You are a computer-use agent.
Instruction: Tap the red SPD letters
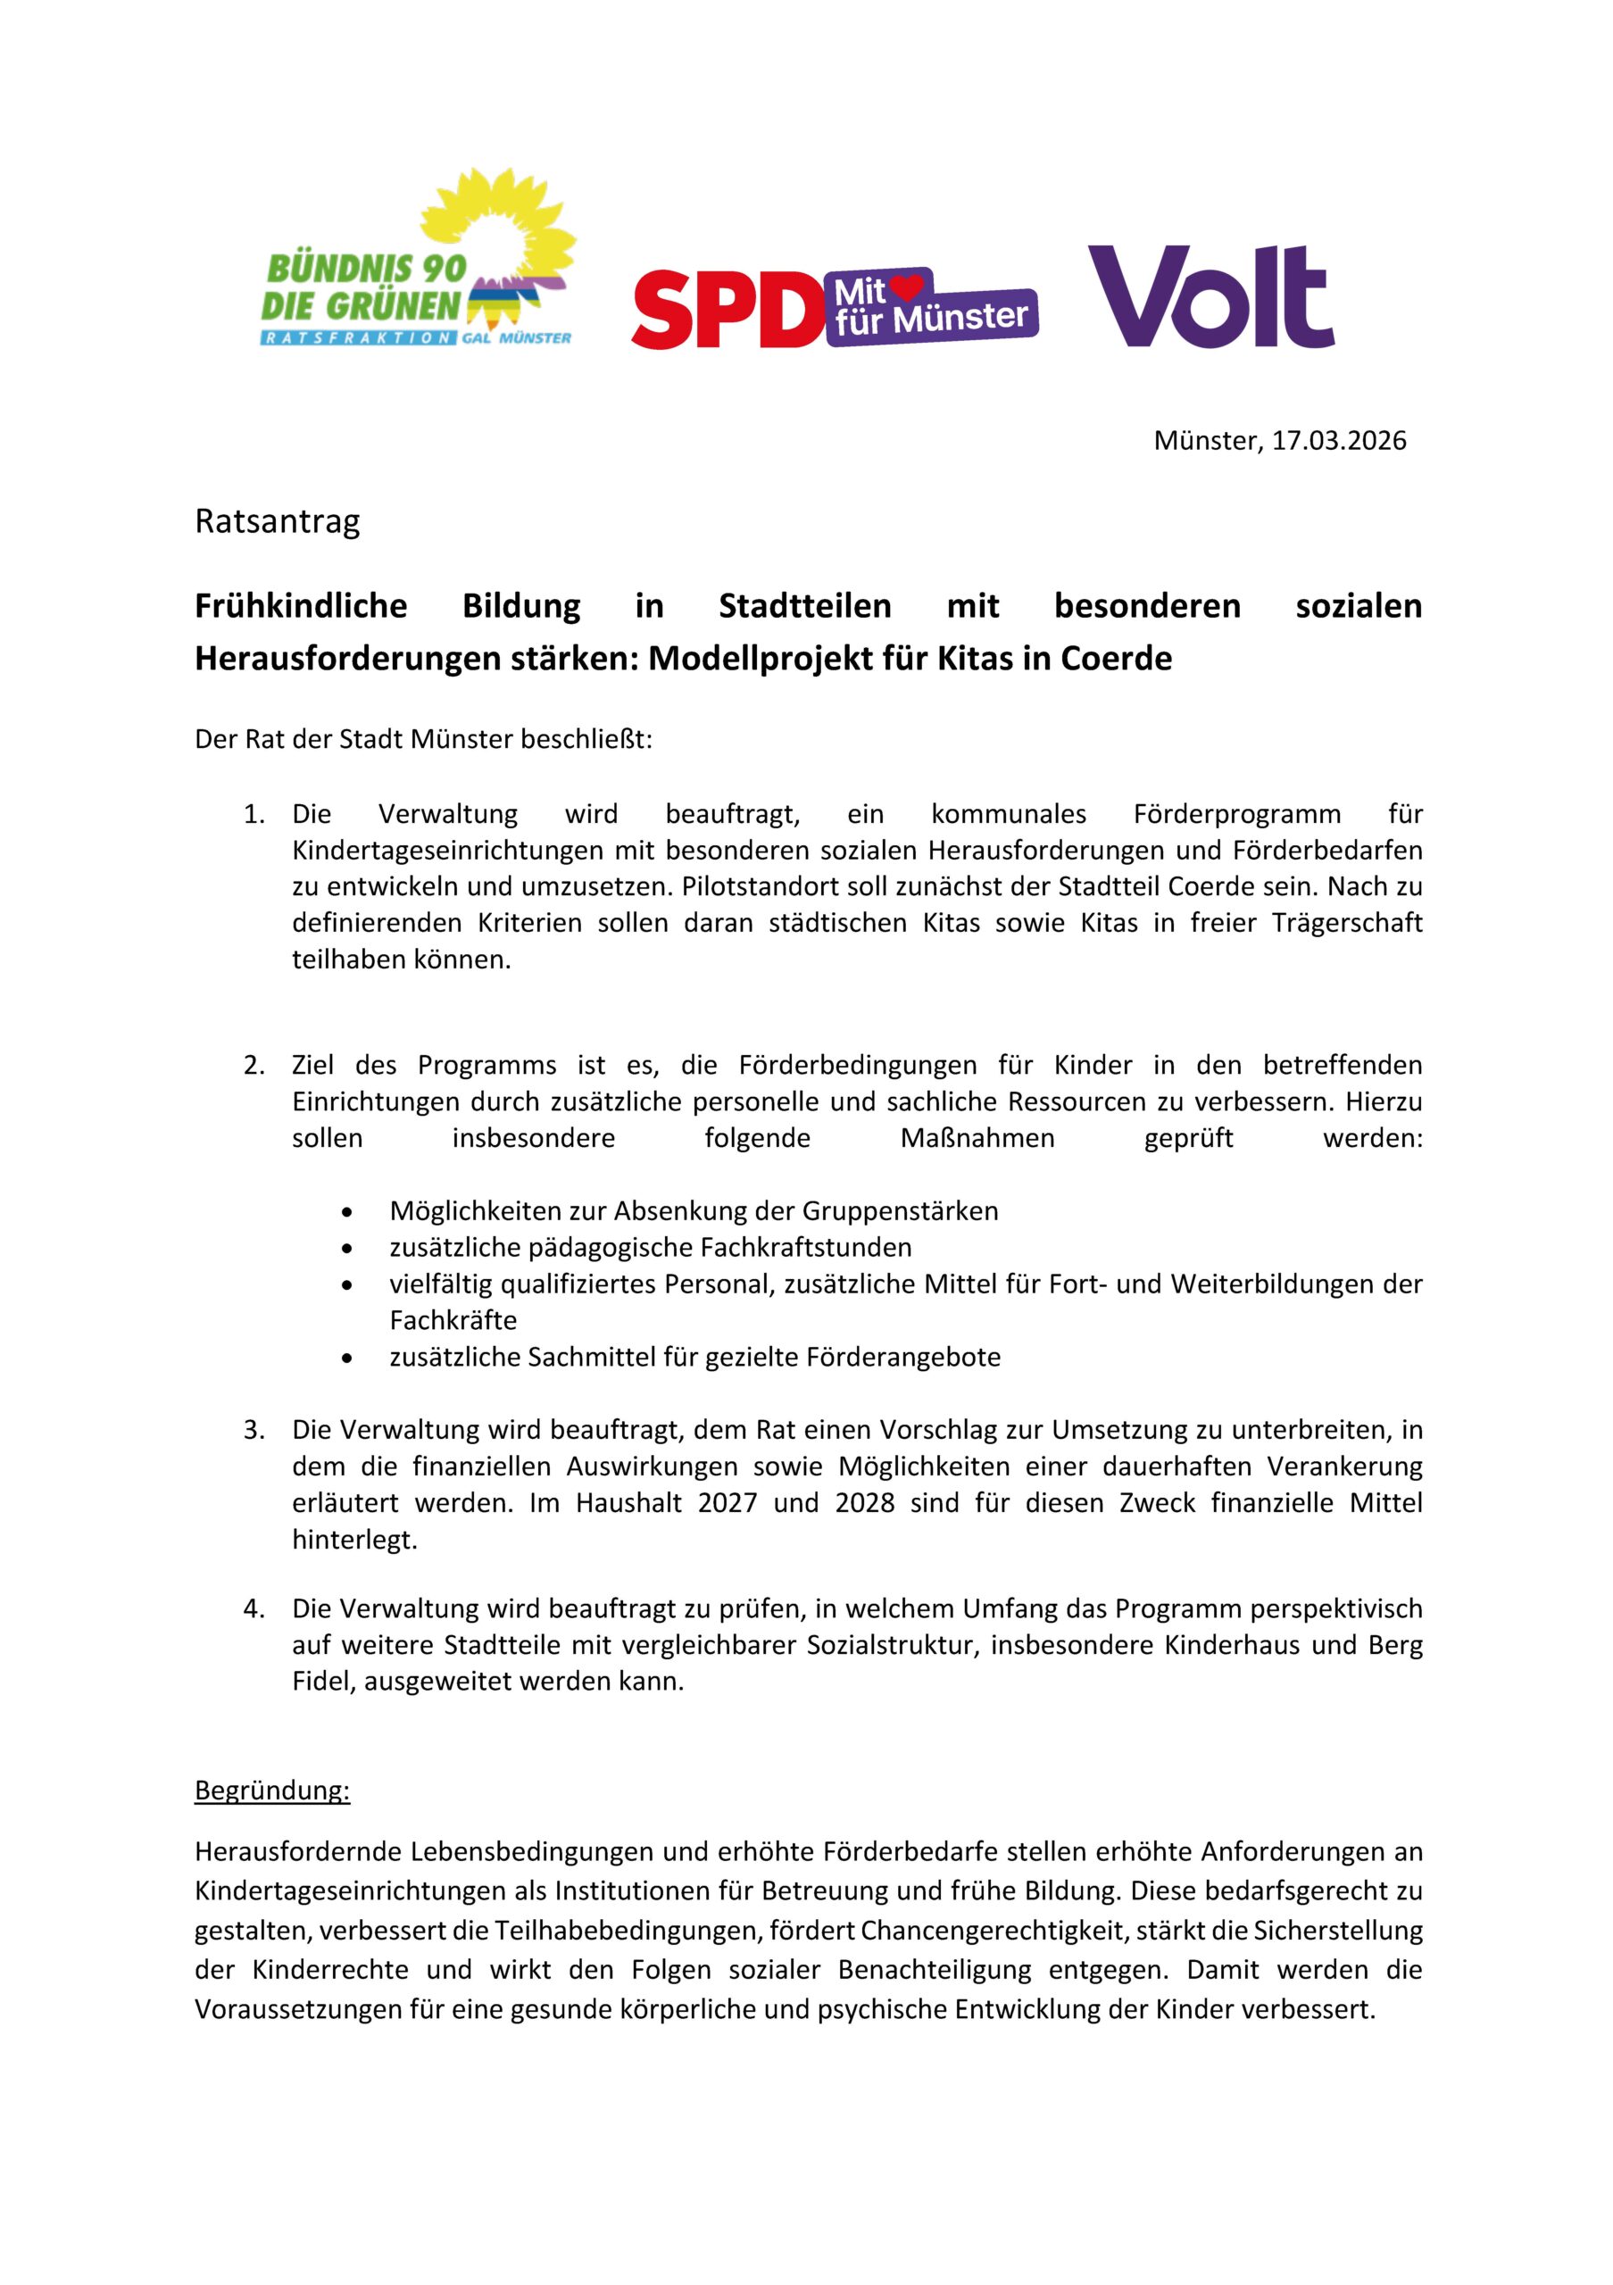point(727,308)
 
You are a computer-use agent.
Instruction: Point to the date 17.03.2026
point(1338,441)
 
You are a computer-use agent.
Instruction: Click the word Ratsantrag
point(277,521)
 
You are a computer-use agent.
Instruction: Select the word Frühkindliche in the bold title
point(301,606)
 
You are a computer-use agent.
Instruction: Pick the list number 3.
point(254,1430)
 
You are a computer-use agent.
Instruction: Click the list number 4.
point(254,1609)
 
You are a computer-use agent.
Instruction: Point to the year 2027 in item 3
point(728,1503)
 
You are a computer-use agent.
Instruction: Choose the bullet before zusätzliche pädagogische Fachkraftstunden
point(346,1248)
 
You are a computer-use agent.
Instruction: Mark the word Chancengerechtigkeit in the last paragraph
point(994,1931)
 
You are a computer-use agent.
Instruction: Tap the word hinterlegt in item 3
point(353,1540)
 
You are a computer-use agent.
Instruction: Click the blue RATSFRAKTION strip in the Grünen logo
point(358,338)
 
